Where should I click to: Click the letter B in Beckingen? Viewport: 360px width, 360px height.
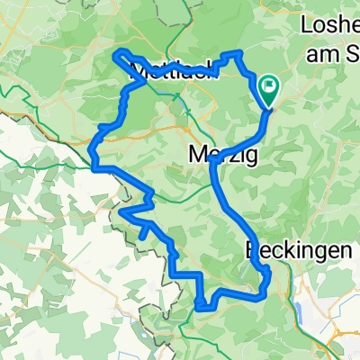click(x=251, y=252)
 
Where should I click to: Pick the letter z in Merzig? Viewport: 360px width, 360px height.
click(x=230, y=155)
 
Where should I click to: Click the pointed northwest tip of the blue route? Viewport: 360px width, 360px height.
click(x=114, y=56)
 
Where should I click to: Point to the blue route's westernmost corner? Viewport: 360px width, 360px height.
click(x=94, y=166)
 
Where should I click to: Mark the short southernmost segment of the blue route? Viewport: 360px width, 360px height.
click(x=205, y=307)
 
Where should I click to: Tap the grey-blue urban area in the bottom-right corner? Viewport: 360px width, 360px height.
click(x=346, y=346)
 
